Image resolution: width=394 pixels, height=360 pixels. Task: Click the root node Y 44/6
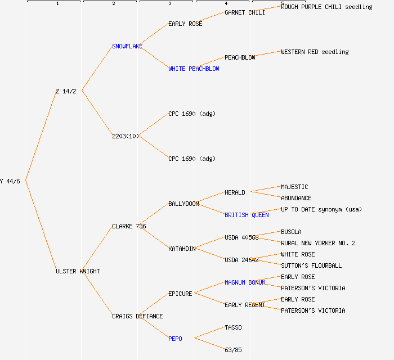pos(10,181)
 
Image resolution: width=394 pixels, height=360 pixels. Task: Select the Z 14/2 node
pos(66,91)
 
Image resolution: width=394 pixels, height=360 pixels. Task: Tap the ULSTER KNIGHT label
pos(78,271)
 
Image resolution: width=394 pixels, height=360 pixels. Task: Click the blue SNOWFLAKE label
pos(127,46)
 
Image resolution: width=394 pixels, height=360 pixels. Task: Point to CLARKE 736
pos(129,226)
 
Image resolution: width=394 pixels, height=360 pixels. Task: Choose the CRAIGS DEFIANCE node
pos(137,316)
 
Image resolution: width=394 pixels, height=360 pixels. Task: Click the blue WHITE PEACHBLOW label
pos(194,69)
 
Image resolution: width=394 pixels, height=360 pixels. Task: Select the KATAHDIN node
pos(182,249)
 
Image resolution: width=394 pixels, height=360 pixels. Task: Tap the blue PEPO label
pos(175,339)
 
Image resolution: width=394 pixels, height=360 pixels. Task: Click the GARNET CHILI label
pos(245,12)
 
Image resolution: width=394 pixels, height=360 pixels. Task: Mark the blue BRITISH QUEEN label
pos(247,215)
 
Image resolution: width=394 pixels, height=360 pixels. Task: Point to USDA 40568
pos(241,237)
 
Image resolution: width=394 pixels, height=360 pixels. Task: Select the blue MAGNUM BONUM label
pos(245,282)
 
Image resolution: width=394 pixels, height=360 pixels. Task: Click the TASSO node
pos(233,327)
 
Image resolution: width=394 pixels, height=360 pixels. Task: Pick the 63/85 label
pos(233,350)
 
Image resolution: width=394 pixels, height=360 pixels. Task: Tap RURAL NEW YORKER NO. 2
pos(318,243)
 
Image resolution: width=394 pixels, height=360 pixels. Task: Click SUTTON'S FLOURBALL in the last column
pos(311,265)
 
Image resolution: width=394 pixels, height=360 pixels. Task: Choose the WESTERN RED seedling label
pos(315,52)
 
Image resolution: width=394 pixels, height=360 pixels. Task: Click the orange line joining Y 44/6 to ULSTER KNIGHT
pos(41,226)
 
